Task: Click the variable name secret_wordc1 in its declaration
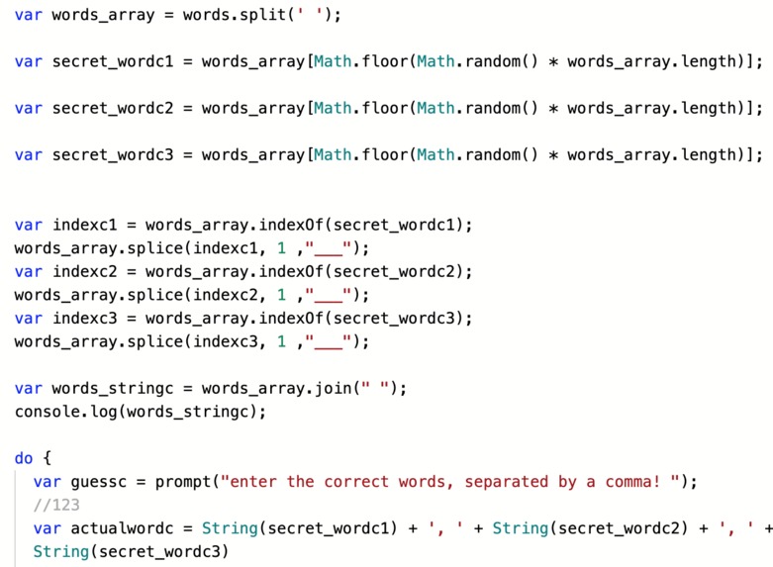[113, 61]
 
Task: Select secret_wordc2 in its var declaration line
[113, 109]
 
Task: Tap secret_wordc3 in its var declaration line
[113, 155]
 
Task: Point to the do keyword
[24, 458]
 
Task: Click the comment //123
[56, 505]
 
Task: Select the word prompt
[183, 482]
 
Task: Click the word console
[48, 412]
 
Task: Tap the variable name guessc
[99, 482]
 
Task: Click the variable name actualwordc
[123, 528]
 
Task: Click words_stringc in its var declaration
[113, 389]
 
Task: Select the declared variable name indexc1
[85, 225]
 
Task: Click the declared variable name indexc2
[85, 272]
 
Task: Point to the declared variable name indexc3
[85, 319]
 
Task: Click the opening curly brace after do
[47, 458]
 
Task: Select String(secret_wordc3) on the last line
[131, 552]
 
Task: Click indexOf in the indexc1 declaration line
[291, 225]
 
